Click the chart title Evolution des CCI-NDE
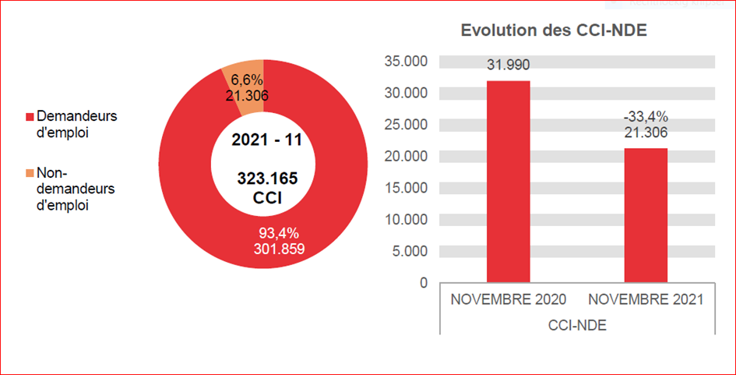click(x=555, y=30)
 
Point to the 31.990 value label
click(x=509, y=65)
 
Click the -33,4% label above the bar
click(x=646, y=117)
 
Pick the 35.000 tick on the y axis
click(x=406, y=62)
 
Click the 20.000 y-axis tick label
click(x=406, y=156)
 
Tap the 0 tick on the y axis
click(x=423, y=282)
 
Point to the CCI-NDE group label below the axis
click(x=577, y=325)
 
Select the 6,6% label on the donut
click(x=248, y=80)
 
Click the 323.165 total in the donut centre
click(x=267, y=179)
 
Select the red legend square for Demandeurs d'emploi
click(x=30, y=117)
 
